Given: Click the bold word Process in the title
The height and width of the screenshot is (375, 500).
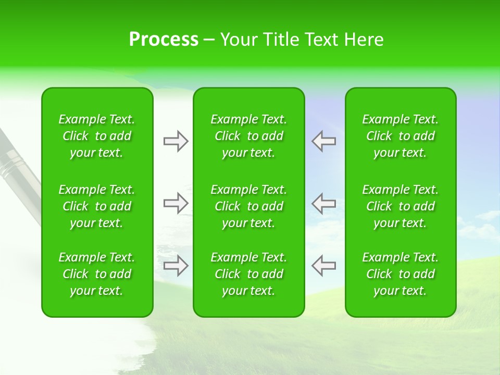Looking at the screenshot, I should [x=164, y=40].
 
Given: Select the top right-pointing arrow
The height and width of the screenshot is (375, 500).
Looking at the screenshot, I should [x=176, y=141].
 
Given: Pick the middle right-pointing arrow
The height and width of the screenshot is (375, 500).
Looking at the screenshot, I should [x=176, y=203].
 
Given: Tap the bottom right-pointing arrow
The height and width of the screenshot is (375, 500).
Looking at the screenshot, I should [x=176, y=266].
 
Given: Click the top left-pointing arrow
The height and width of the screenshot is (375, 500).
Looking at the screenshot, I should [x=323, y=141].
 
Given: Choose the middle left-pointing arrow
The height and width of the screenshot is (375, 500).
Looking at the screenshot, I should [x=323, y=203].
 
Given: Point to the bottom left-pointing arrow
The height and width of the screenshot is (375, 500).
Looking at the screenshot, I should [x=323, y=266].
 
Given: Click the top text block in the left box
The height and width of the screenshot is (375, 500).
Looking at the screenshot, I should [x=97, y=136].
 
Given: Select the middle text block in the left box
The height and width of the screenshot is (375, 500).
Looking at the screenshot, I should [x=97, y=206].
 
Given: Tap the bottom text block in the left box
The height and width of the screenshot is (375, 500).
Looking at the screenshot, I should [x=97, y=274].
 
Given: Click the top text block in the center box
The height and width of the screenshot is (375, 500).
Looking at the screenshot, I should [x=248, y=136].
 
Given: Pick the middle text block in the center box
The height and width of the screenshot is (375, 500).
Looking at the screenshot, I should [x=248, y=206].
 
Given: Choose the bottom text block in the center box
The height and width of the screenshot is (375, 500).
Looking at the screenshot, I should [x=248, y=274].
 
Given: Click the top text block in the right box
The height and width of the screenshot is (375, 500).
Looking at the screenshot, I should [x=400, y=136].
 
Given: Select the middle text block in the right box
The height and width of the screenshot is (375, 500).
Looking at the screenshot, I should [x=400, y=206].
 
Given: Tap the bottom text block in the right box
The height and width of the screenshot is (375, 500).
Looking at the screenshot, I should [x=400, y=274].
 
